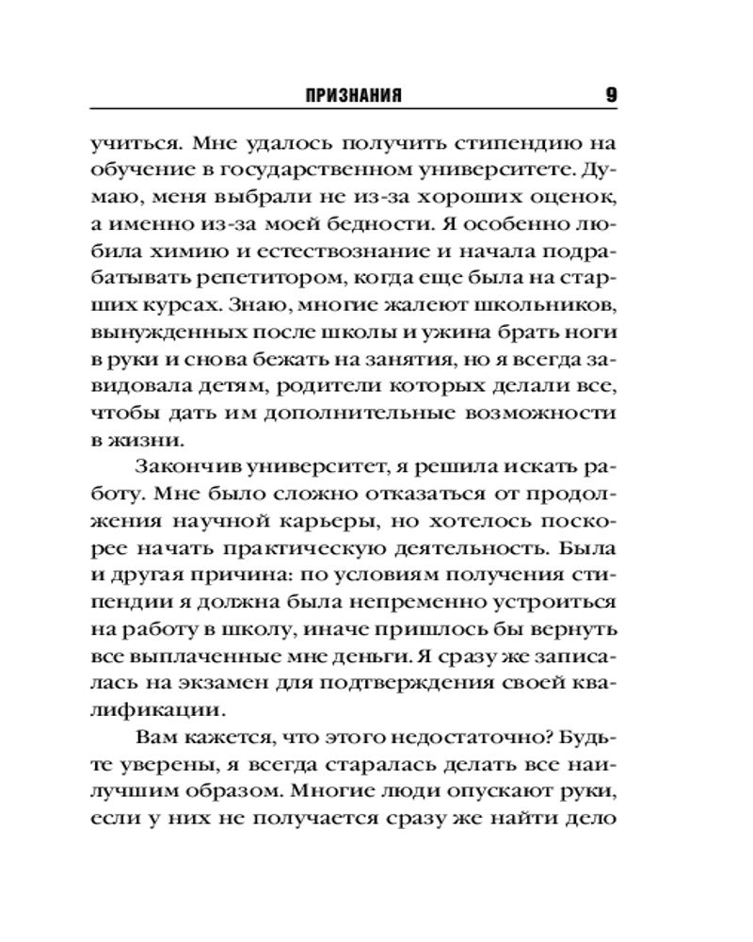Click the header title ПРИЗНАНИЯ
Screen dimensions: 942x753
point(355,95)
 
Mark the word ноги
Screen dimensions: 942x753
point(594,332)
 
